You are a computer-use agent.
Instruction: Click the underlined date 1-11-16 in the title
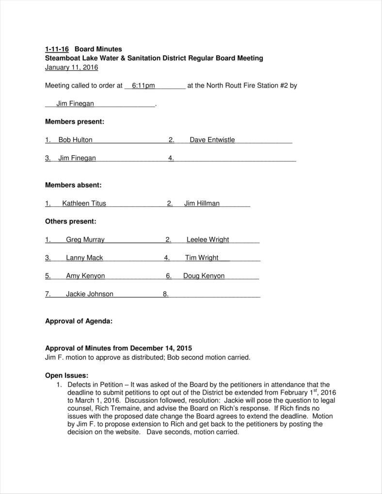click(x=57, y=49)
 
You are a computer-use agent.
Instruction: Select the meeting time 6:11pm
click(x=143, y=86)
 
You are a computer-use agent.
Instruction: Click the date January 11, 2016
click(x=71, y=67)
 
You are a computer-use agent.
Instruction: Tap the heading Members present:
click(x=74, y=122)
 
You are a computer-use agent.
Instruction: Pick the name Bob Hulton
click(x=75, y=140)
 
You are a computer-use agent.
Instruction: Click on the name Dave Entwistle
click(x=212, y=140)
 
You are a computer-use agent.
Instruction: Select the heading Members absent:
click(x=73, y=185)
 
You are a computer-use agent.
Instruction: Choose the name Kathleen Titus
click(x=84, y=204)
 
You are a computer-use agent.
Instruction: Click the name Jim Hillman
click(x=202, y=204)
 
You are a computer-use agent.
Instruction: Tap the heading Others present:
click(x=70, y=222)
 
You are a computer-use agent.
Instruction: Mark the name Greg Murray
click(x=85, y=239)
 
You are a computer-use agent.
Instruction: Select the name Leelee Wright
click(x=207, y=239)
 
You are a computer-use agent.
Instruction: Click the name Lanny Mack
click(x=84, y=258)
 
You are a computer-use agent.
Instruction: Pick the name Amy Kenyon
click(x=85, y=276)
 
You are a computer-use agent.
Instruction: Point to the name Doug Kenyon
click(x=204, y=276)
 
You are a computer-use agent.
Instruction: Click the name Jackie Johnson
click(x=90, y=294)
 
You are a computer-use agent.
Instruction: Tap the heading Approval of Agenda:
click(x=79, y=321)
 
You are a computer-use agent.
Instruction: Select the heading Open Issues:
click(x=66, y=375)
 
